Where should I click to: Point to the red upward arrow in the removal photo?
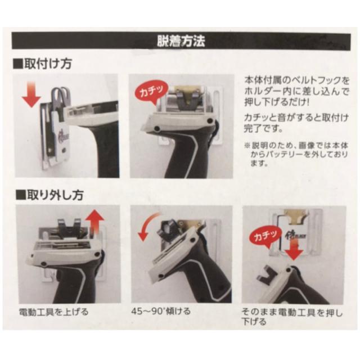(x=95, y=220)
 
